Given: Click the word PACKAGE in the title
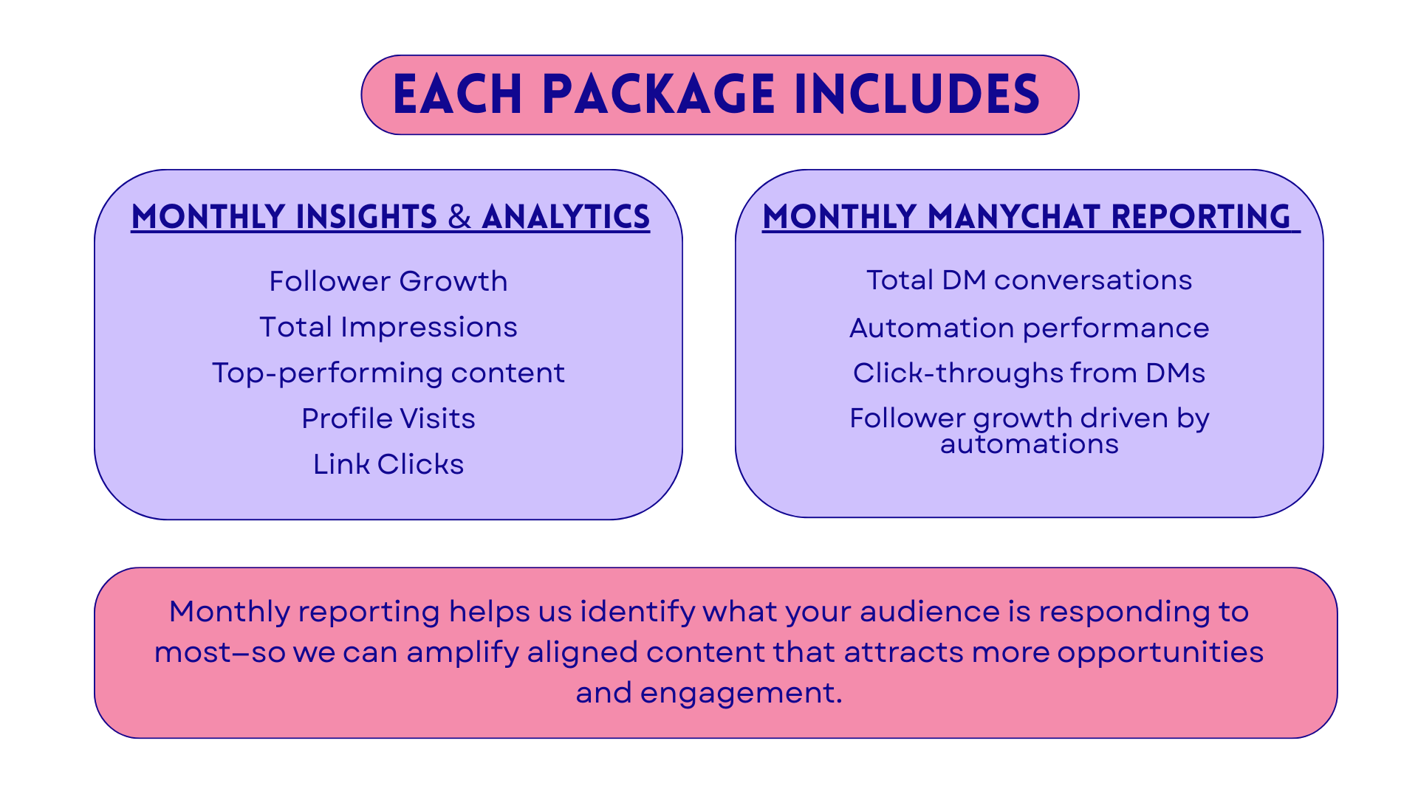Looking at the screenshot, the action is click(x=659, y=95).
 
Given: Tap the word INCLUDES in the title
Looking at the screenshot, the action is click(x=917, y=95).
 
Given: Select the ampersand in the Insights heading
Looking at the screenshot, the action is click(x=459, y=217).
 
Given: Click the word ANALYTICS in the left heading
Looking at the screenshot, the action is click(x=566, y=217).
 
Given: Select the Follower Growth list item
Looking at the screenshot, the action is click(x=388, y=281).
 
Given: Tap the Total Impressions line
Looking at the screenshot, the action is click(x=388, y=327).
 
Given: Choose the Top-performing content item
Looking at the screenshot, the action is click(x=388, y=373).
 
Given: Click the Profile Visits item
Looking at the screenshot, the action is click(x=388, y=418).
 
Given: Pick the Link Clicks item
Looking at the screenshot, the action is click(x=388, y=464).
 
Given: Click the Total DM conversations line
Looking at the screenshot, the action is click(x=1029, y=280).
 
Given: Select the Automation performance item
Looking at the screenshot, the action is click(x=1029, y=328).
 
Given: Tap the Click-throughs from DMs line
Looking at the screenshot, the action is click(x=1029, y=373).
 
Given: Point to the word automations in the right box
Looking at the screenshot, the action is click(x=1029, y=444).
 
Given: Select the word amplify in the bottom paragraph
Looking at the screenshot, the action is click(x=462, y=652).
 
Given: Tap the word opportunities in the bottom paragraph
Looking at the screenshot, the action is click(x=1160, y=652).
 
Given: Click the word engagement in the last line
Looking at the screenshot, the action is click(x=741, y=693).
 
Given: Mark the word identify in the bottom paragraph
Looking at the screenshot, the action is click(x=637, y=612).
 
